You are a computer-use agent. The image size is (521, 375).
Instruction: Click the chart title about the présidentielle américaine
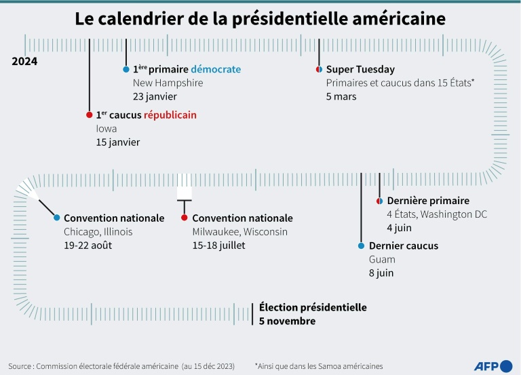click(x=260, y=19)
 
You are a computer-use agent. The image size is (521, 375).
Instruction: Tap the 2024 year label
click(x=24, y=61)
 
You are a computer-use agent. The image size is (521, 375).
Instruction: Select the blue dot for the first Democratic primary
click(x=126, y=70)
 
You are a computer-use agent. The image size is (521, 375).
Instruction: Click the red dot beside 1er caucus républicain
click(x=89, y=115)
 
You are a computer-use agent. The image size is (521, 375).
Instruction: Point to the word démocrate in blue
click(x=216, y=69)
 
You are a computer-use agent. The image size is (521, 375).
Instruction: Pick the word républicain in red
click(x=170, y=115)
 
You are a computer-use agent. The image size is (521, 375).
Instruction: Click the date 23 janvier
click(x=154, y=96)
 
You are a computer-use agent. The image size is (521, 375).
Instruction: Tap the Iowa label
click(x=107, y=129)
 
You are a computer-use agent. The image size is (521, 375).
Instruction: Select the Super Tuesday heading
click(x=360, y=69)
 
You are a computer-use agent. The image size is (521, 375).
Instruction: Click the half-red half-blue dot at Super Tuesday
click(x=318, y=70)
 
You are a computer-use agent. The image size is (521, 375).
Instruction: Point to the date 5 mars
click(x=341, y=96)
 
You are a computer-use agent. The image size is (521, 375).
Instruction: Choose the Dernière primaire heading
click(x=428, y=201)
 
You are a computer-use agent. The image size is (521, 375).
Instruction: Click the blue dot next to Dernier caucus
click(x=361, y=246)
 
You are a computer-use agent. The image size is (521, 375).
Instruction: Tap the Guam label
click(x=381, y=260)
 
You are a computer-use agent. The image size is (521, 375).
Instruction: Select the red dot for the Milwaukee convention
click(x=184, y=218)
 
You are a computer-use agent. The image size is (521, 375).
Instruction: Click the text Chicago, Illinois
click(x=98, y=232)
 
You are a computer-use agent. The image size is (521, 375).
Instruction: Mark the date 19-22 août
click(x=88, y=245)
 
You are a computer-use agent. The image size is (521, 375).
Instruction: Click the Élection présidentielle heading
click(x=313, y=308)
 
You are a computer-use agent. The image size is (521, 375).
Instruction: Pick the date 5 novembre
click(x=287, y=321)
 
